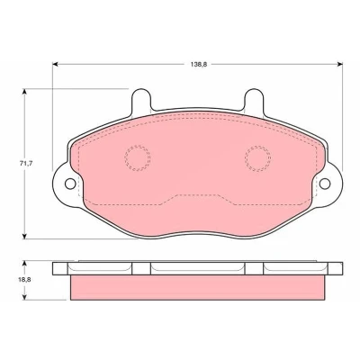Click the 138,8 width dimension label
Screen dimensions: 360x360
click(x=199, y=64)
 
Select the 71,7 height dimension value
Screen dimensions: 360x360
click(x=26, y=164)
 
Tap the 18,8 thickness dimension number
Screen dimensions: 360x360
click(x=26, y=280)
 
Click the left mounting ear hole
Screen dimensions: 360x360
click(x=70, y=184)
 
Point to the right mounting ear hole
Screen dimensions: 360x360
click(x=325, y=184)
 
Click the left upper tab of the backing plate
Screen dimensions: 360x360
click(x=140, y=101)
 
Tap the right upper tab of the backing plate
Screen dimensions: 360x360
click(x=254, y=101)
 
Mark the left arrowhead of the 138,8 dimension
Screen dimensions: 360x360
click(x=55, y=64)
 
